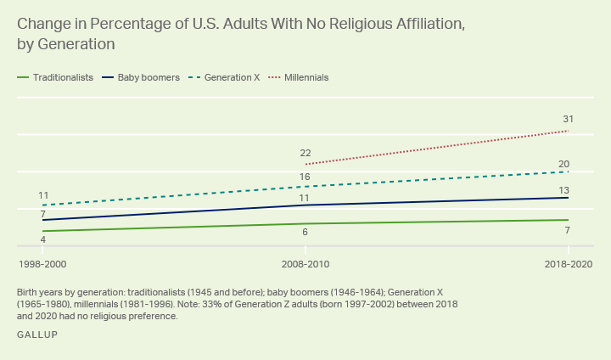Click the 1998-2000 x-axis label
42,264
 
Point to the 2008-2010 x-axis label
305,264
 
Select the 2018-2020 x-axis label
568,264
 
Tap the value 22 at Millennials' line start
305,153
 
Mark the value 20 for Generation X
563,164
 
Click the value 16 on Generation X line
305,177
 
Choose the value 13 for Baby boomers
563,190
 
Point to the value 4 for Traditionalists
42,240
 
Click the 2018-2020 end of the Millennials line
568,131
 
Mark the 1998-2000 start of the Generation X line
42,205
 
